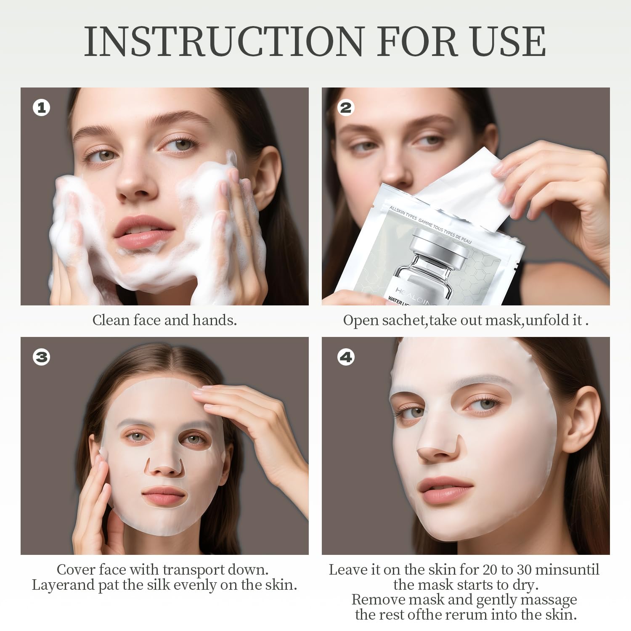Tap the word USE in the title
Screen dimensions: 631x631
(x=507, y=41)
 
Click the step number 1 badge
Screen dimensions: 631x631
(x=41, y=108)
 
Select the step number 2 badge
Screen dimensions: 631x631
(x=346, y=108)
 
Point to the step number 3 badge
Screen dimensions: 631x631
(x=41, y=357)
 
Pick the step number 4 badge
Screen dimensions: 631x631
(x=346, y=357)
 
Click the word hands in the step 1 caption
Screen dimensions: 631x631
(x=214, y=320)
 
